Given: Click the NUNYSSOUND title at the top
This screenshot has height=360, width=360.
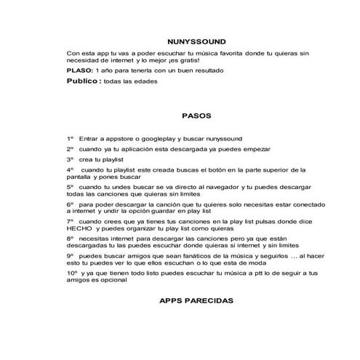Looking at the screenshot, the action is (195, 41).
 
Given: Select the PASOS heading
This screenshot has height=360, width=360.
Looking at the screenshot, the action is (195, 115).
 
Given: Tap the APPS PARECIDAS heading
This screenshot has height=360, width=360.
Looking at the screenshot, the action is (195, 300).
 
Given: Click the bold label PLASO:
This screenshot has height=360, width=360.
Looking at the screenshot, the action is (79, 71).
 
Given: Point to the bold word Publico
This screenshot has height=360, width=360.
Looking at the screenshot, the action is (81, 82).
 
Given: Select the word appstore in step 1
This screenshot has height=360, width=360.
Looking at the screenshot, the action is (124, 138).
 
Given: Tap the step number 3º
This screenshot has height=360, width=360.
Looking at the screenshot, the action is (70, 159).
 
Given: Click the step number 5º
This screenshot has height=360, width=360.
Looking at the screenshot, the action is (70, 187).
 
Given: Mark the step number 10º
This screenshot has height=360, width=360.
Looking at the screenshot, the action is (71, 272).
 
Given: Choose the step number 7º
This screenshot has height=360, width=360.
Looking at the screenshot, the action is (70, 220).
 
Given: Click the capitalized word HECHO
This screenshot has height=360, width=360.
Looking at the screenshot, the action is (77, 228).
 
